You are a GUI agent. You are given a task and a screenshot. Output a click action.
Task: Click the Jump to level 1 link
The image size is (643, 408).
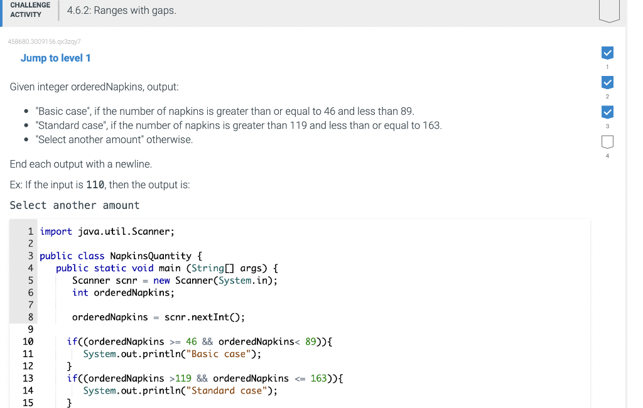(55, 58)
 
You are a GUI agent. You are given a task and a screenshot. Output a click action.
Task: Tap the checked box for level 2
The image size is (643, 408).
(607, 82)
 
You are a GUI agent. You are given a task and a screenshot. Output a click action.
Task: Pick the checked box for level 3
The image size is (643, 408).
(607, 112)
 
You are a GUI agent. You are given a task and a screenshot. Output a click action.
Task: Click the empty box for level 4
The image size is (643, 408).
(607, 141)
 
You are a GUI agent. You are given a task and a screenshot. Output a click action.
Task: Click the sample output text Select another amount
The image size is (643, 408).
(75, 205)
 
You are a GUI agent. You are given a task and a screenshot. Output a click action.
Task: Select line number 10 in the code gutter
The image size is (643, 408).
(28, 341)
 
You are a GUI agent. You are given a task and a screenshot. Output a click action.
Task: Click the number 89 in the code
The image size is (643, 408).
(311, 341)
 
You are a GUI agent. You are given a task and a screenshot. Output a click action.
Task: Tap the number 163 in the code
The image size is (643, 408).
(319, 378)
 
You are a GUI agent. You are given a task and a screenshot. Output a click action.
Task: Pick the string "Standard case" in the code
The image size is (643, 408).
(230, 390)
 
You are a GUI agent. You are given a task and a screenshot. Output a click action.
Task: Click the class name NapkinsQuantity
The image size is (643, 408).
(151, 256)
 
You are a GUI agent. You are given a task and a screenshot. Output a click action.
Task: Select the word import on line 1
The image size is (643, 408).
(56, 232)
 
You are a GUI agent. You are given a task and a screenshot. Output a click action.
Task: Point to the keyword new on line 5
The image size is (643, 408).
(161, 281)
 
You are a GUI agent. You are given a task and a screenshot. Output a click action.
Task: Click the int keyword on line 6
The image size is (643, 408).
(80, 293)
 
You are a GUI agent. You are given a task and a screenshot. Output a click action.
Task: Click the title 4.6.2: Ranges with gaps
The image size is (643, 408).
(121, 10)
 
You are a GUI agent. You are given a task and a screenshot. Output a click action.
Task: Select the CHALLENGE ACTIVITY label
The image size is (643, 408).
(30, 9)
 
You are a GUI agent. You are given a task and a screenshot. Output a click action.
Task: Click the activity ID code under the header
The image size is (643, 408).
(44, 41)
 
